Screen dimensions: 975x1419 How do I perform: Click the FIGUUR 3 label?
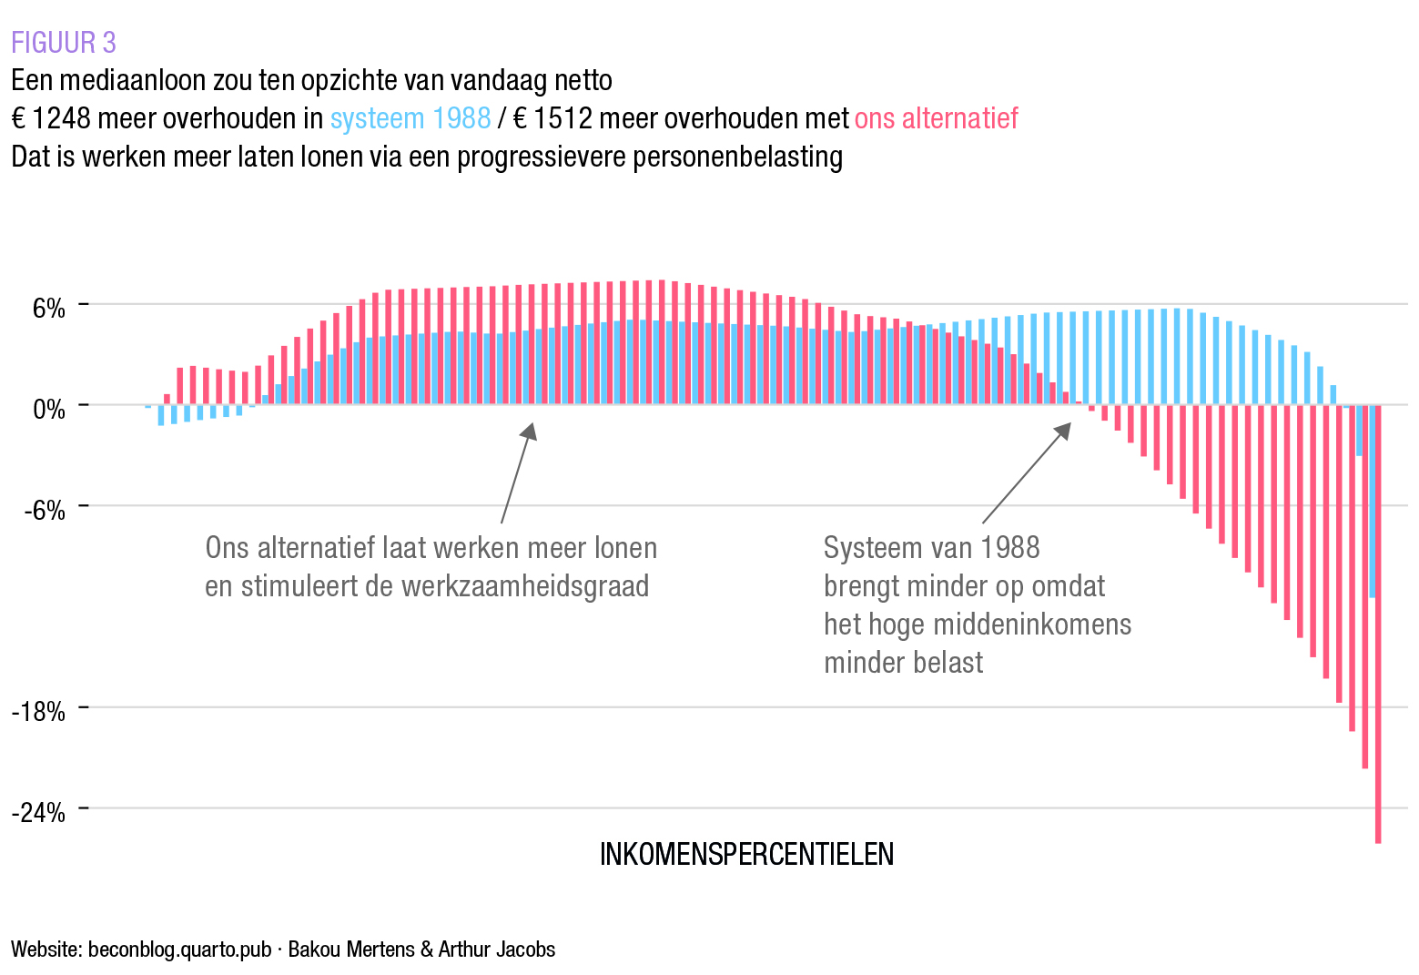[x=64, y=43]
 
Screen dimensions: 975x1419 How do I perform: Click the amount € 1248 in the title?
[x=52, y=118]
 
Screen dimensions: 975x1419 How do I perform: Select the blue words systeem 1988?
[x=410, y=118]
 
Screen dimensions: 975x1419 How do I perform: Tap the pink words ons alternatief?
[x=936, y=118]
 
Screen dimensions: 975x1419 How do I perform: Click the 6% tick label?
[x=49, y=309]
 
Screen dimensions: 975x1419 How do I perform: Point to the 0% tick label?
[x=49, y=410]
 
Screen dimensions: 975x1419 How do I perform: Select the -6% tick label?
[x=45, y=511]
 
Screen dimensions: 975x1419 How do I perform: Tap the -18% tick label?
[x=39, y=712]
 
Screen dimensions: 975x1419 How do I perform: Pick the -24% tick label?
[x=39, y=813]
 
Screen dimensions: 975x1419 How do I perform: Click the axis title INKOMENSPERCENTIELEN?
[x=746, y=854]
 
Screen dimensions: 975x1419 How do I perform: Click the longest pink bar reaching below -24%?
[x=1378, y=637]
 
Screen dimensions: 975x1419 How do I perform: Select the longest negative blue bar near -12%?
[x=1372, y=510]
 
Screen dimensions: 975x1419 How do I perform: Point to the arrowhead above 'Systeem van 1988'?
[x=1064, y=430]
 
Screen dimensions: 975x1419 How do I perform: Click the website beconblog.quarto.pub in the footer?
[x=179, y=950]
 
